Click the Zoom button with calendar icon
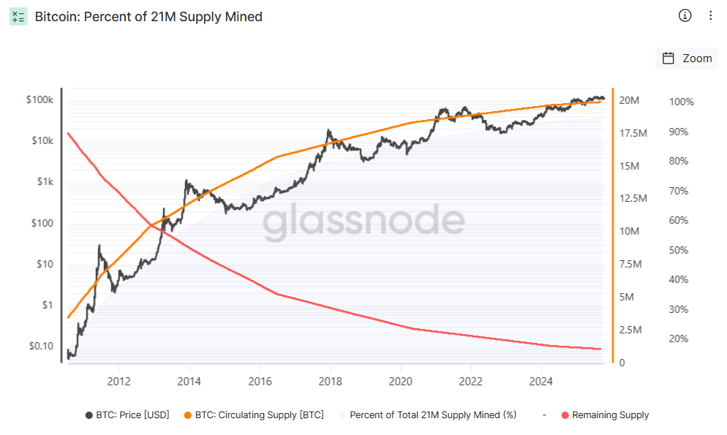pyautogui.click(x=687, y=58)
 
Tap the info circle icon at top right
pyautogui.click(x=685, y=15)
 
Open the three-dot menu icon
pyautogui.click(x=711, y=15)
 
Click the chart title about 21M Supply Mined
pyautogui.click(x=148, y=16)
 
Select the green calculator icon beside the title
pyautogui.click(x=18, y=16)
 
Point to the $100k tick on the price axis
pyautogui.click(x=39, y=99)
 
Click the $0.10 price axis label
pyautogui.click(x=41, y=346)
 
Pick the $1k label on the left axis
pyautogui.click(x=45, y=182)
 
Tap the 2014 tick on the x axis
pyautogui.click(x=189, y=381)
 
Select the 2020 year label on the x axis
pyautogui.click(x=400, y=381)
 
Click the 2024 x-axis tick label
pyautogui.click(x=540, y=381)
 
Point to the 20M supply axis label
pyautogui.click(x=630, y=100)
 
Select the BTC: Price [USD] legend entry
pyautogui.click(x=127, y=415)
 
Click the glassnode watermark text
pyautogui.click(x=363, y=222)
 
